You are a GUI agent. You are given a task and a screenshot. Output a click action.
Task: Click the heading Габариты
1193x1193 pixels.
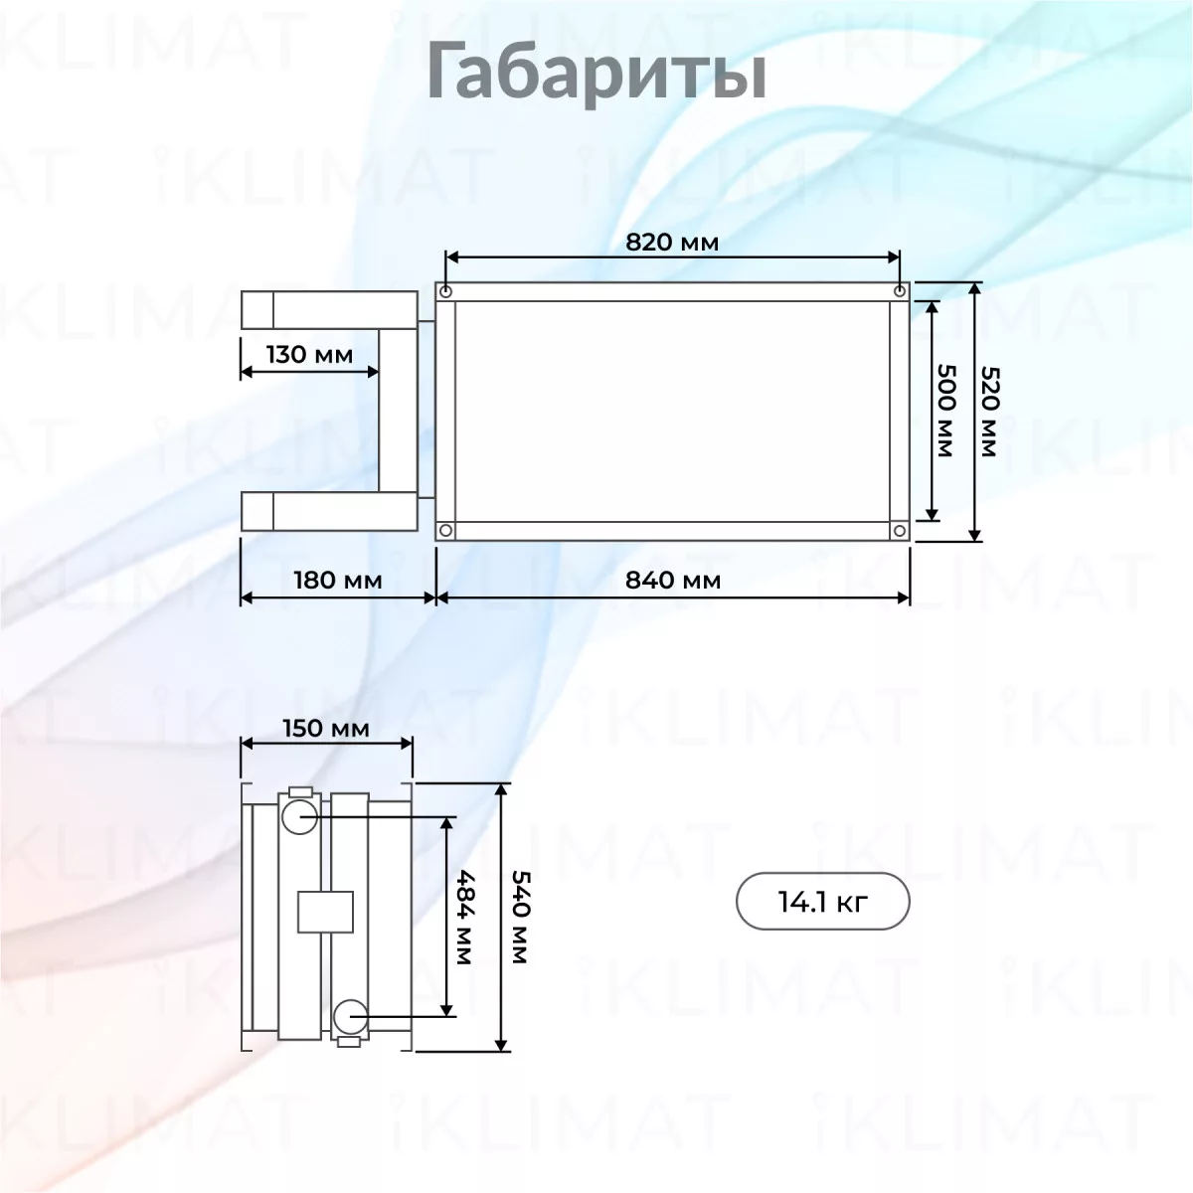[596, 73]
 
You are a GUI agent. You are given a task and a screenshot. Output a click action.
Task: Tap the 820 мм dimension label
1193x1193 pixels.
[672, 242]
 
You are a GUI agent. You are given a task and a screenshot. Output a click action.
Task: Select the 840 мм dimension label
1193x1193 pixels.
[673, 580]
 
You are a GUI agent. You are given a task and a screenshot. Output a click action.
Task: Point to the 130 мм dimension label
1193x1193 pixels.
[309, 355]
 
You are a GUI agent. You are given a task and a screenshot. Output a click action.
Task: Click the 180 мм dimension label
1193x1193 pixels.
[338, 580]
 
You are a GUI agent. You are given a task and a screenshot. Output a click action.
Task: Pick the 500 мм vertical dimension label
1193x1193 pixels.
[945, 411]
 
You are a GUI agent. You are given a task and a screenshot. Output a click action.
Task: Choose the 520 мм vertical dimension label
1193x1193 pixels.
[989, 412]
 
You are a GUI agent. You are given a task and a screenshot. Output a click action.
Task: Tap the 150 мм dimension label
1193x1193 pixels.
[326, 728]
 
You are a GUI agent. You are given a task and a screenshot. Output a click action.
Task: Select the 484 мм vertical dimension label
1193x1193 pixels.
[465, 918]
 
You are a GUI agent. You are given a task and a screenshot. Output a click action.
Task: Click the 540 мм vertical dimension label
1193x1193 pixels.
[521, 917]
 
